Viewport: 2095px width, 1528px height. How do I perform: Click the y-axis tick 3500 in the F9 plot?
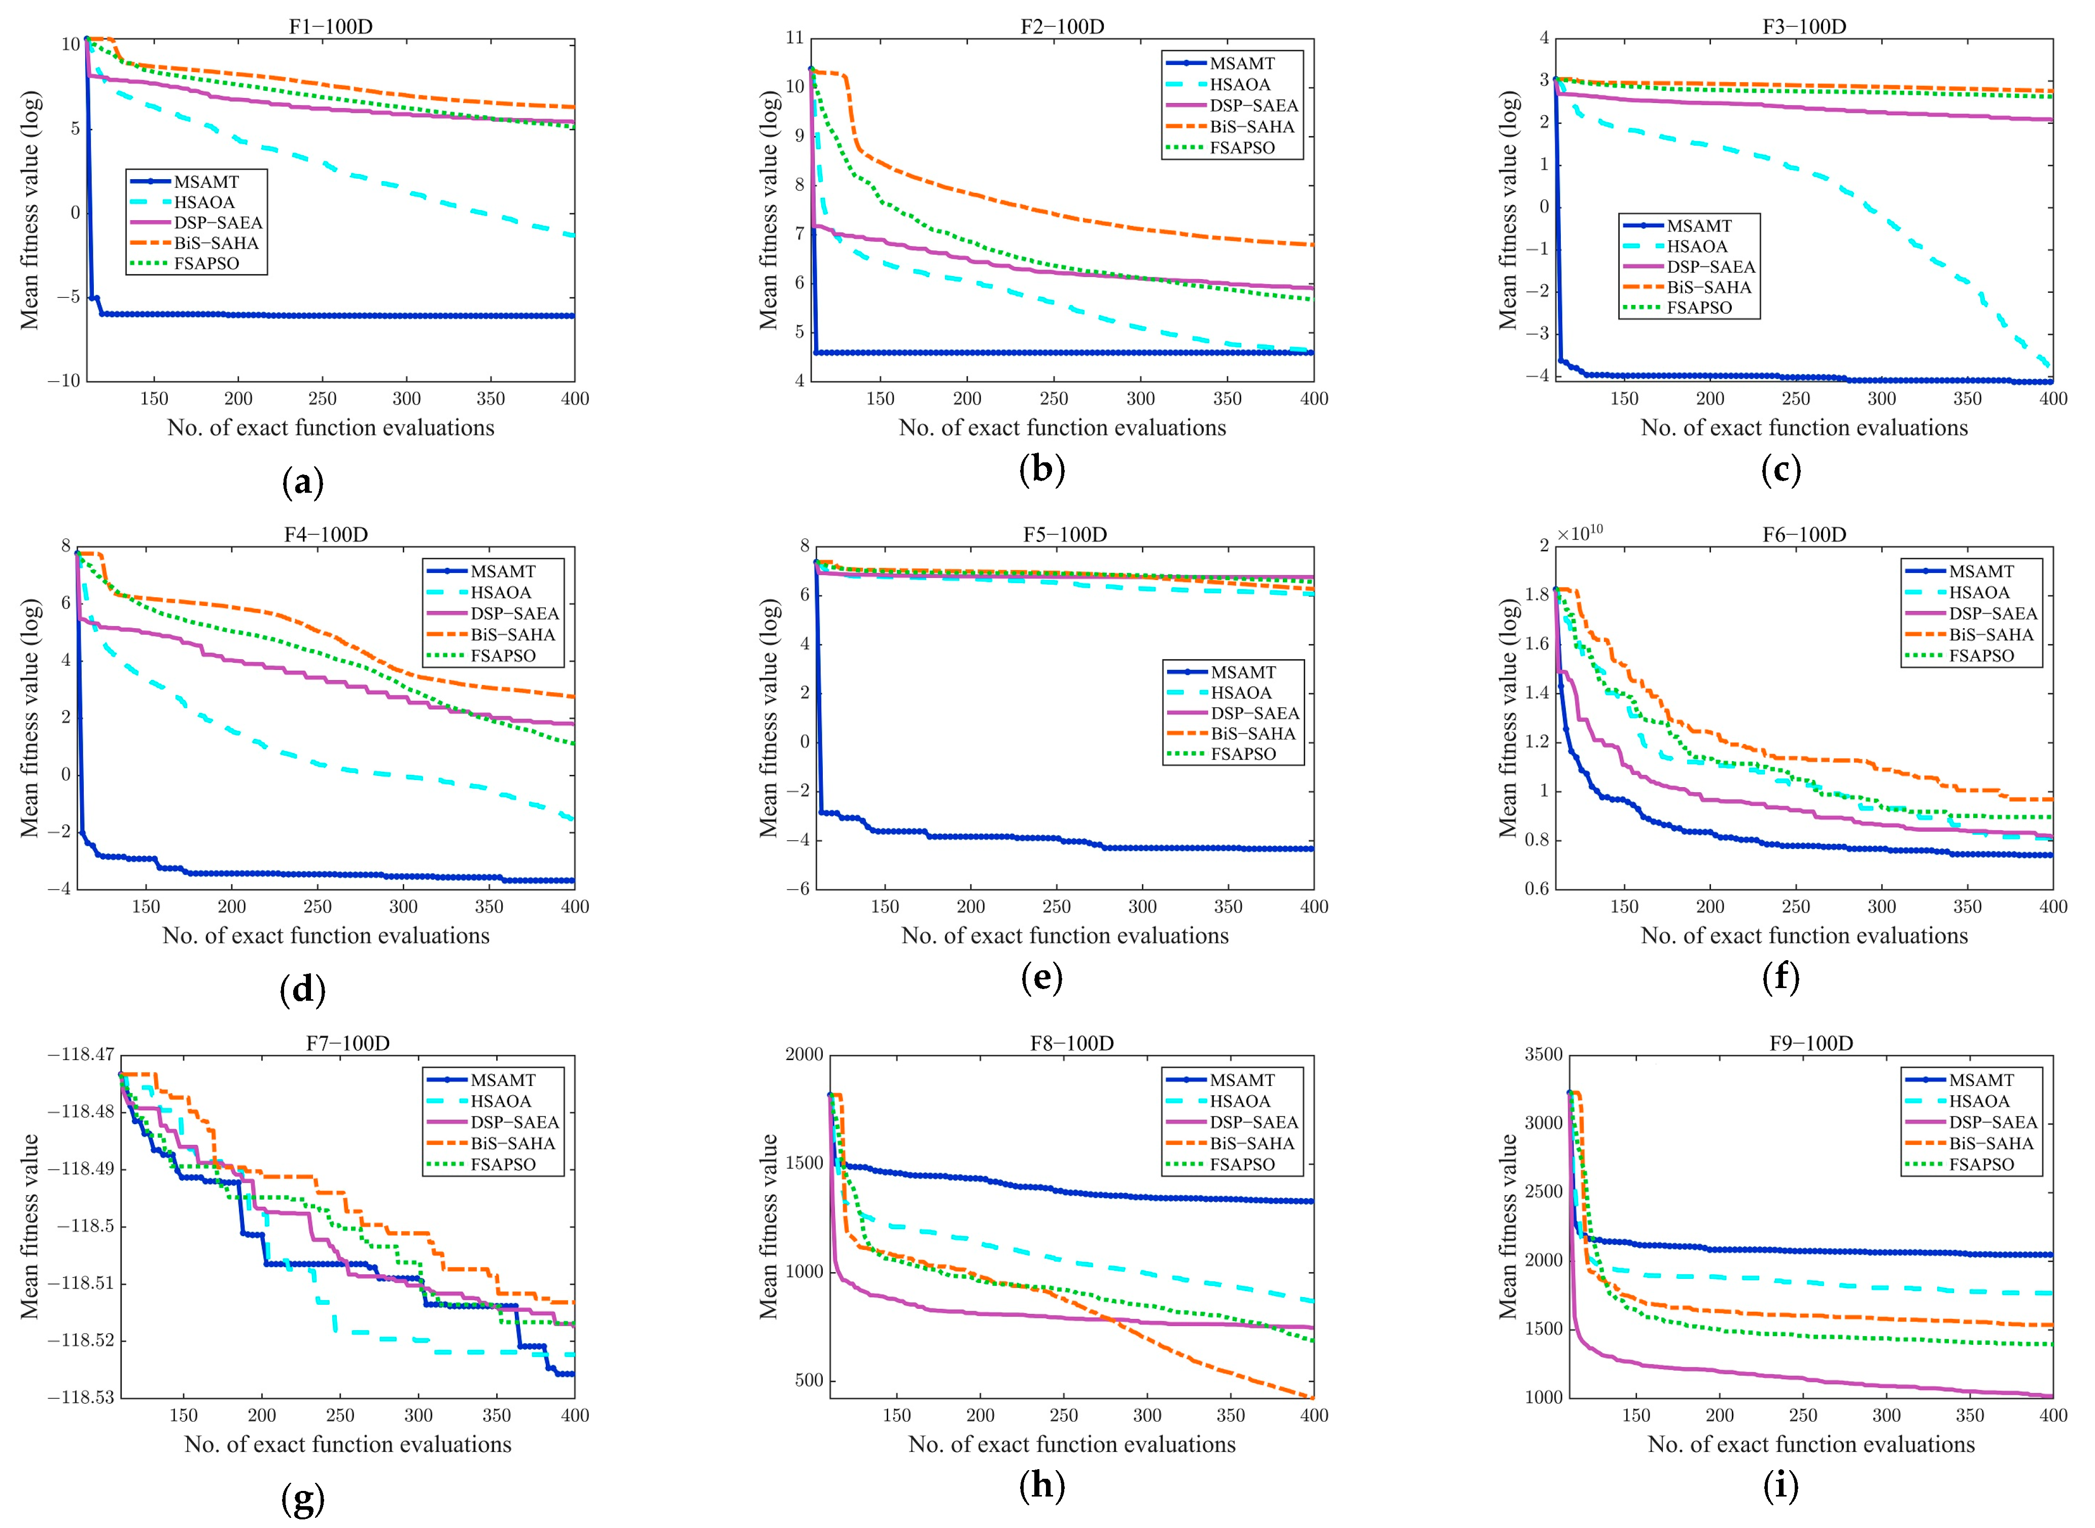pyautogui.click(x=1543, y=1055)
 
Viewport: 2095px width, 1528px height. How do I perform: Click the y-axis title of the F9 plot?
pyautogui.click(x=1508, y=1226)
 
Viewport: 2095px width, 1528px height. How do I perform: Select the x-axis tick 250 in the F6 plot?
pyautogui.click(x=1795, y=906)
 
